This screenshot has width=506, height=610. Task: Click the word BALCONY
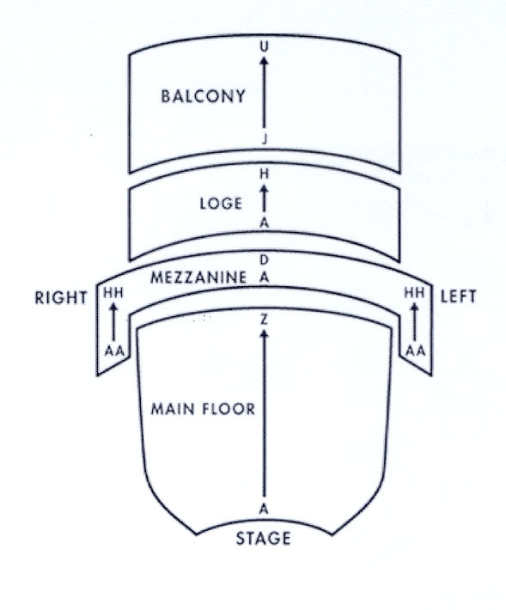pos(203,96)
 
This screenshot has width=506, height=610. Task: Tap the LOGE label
pos(221,204)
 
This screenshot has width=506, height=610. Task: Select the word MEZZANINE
pos(198,278)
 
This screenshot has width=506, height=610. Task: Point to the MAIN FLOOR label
pos(203,409)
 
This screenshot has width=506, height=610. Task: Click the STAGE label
pos(263,539)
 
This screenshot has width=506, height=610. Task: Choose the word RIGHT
pos(61,297)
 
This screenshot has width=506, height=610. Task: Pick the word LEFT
pos(458,296)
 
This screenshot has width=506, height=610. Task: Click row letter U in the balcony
pos(264,46)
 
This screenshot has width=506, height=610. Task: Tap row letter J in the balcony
pos(265,139)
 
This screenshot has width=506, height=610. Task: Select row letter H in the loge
pos(264,174)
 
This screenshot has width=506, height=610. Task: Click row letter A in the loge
pos(264,223)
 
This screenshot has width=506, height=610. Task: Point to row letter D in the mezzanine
pos(264,259)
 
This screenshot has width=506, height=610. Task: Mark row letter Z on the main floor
pos(264,320)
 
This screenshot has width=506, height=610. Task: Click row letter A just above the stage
pos(264,509)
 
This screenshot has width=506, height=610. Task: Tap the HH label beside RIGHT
pos(113,293)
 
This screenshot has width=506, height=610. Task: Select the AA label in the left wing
pos(416,351)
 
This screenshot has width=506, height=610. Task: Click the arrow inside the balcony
pos(264,91)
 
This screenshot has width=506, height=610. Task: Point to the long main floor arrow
pos(265,413)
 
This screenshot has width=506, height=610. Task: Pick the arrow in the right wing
pos(113,321)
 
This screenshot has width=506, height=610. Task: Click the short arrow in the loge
pos(264,198)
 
